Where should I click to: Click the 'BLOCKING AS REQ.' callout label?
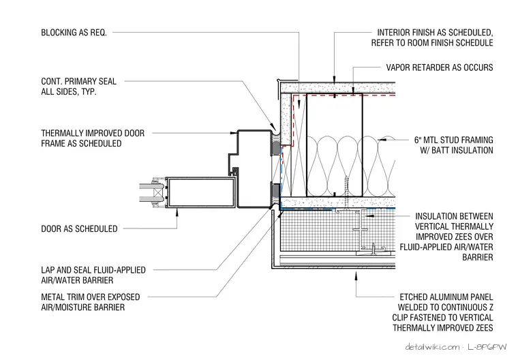pyautogui.click(x=74, y=33)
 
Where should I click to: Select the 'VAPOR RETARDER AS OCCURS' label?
pyautogui.click(x=440, y=67)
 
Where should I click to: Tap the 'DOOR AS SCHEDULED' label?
pyautogui.click(x=79, y=229)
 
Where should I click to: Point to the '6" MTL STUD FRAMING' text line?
pyautogui.click(x=453, y=140)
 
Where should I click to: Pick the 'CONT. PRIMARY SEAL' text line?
pyautogui.click(x=78, y=81)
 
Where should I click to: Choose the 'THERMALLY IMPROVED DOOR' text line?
pyautogui.click(x=93, y=133)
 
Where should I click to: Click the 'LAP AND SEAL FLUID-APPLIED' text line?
pyautogui.click(x=93, y=270)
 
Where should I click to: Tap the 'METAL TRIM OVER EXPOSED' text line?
pyautogui.click(x=91, y=297)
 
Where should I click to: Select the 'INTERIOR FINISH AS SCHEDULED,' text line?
pyautogui.click(x=435, y=33)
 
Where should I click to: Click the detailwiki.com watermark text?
pyautogui.click(x=432, y=347)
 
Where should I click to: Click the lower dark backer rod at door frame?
pyautogui.click(x=275, y=193)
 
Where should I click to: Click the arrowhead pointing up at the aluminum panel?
pyautogui.click(x=356, y=275)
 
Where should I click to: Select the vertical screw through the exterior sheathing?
pyautogui.click(x=346, y=193)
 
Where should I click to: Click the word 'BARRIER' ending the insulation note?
pyautogui.click(x=478, y=257)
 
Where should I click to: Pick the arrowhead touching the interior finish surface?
pyautogui.click(x=335, y=80)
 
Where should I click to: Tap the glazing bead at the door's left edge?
pyautogui.click(x=158, y=192)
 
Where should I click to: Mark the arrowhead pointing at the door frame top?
pyautogui.click(x=234, y=133)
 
